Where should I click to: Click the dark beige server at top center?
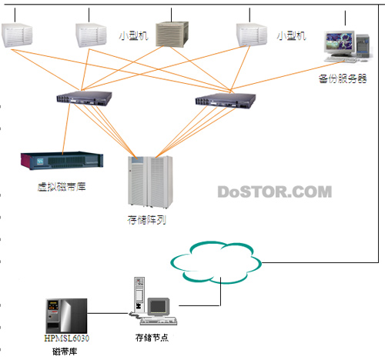pyautogui.click(x=172, y=35)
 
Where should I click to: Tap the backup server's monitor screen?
pyautogui.click(x=339, y=42)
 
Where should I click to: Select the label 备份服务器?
pyautogui.click(x=343, y=78)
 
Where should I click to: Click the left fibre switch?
pyautogui.click(x=84, y=98)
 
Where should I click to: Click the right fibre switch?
pyautogui.click(x=225, y=100)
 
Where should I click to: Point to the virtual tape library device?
pyautogui.click(x=62, y=160)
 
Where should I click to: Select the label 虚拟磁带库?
pyautogui.click(x=62, y=187)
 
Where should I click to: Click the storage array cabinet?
pyautogui.click(x=150, y=182)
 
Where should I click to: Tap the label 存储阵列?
pyautogui.click(x=147, y=220)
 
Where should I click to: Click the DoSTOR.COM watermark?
pyautogui.click(x=275, y=192)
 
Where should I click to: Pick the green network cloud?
pyautogui.click(x=216, y=262)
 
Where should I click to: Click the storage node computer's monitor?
pyautogui.click(x=159, y=306)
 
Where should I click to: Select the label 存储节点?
pyautogui.click(x=152, y=338)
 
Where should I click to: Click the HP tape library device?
pyautogui.click(x=66, y=316)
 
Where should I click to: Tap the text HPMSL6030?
pyautogui.click(x=67, y=338)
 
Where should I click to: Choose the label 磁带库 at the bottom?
pyautogui.click(x=65, y=352)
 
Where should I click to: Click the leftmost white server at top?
pyautogui.click(x=17, y=35)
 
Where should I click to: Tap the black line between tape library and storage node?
pyautogui.click(x=108, y=313)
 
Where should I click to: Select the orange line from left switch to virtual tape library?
pyautogui.click(x=66, y=129)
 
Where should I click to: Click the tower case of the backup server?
pyautogui.click(x=363, y=45)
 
